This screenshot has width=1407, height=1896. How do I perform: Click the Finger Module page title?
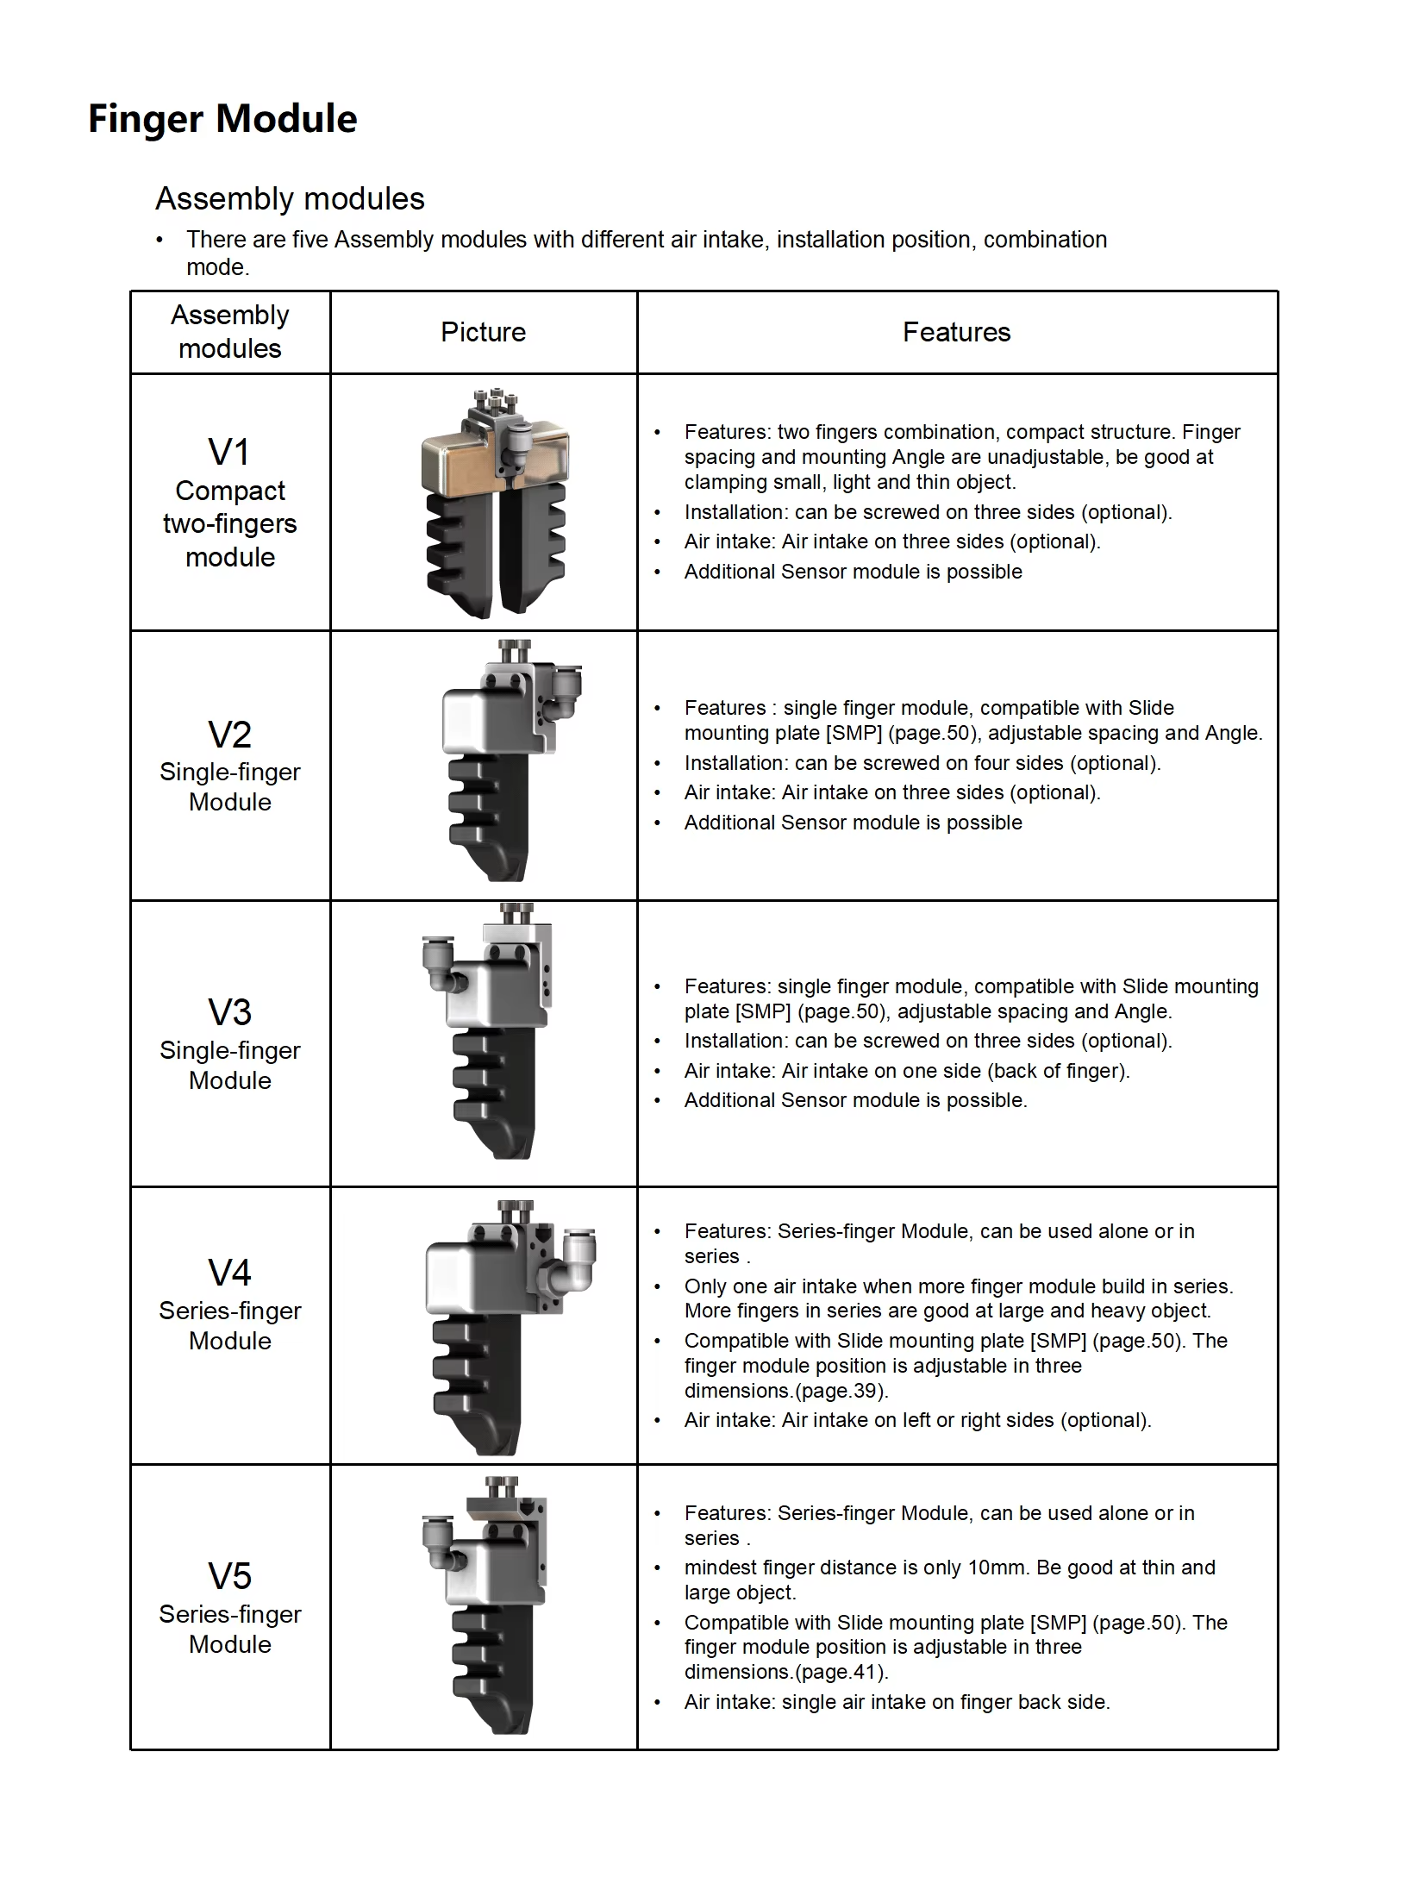pyautogui.click(x=222, y=119)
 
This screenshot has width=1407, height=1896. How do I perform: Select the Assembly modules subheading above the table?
pyautogui.click(x=290, y=199)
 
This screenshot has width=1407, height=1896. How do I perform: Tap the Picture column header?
pyautogui.click(x=483, y=332)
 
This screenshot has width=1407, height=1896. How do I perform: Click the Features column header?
pyautogui.click(x=956, y=332)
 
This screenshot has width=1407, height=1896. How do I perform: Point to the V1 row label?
pyautogui.click(x=229, y=453)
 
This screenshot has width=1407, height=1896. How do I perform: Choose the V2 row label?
pyautogui.click(x=229, y=735)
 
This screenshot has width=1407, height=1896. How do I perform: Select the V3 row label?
pyautogui.click(x=229, y=1013)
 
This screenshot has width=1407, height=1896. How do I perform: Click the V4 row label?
pyautogui.click(x=229, y=1273)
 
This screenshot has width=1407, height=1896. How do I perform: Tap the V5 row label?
pyautogui.click(x=229, y=1577)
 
